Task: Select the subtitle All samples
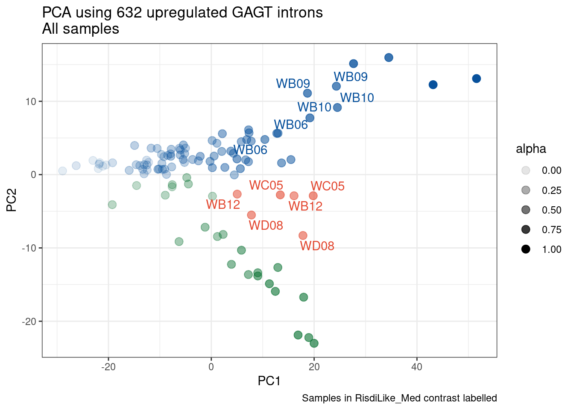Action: tap(80, 29)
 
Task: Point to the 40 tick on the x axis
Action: tap(416, 367)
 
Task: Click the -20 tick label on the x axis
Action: tap(108, 367)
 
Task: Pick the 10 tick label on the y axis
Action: tap(32, 102)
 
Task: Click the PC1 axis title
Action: tap(269, 381)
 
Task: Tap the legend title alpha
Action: tap(531, 149)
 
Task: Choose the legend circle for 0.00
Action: tap(526, 170)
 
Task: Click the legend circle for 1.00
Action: tap(526, 249)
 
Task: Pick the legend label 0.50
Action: tap(551, 210)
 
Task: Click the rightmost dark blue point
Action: tap(477, 79)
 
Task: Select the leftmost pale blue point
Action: tap(62, 171)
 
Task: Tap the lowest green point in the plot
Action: tap(314, 343)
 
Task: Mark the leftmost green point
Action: tap(112, 205)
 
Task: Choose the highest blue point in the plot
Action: tap(389, 58)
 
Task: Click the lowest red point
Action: tap(303, 236)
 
